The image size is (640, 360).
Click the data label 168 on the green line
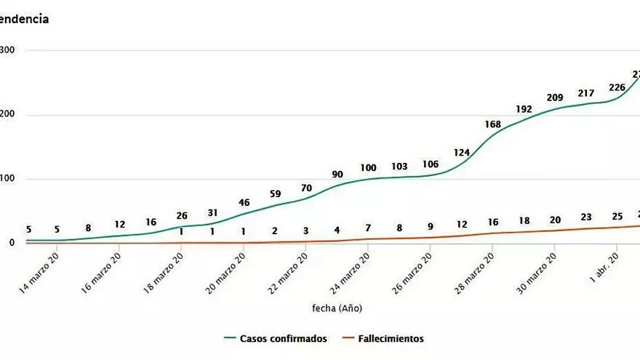[493, 124]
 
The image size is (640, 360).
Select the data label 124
[462, 153]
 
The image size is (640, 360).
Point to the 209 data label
[555, 97]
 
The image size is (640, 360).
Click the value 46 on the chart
[244, 202]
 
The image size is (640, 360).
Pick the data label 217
[586, 93]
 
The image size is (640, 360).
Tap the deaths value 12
[462, 224]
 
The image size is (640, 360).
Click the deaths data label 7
[369, 228]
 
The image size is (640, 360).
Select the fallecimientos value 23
[586, 217]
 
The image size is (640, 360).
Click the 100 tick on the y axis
[7, 179]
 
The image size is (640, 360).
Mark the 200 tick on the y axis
[7, 115]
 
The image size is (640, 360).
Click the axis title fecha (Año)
[337, 308]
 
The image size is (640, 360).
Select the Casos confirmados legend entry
[276, 338]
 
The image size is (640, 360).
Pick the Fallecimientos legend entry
[383, 338]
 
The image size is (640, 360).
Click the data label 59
[275, 194]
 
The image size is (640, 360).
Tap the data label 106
[431, 164]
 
